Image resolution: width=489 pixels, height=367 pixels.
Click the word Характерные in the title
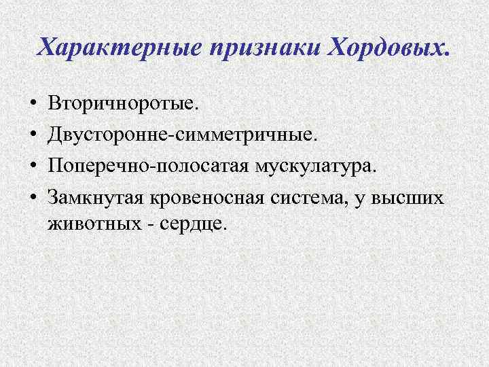coord(118,48)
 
